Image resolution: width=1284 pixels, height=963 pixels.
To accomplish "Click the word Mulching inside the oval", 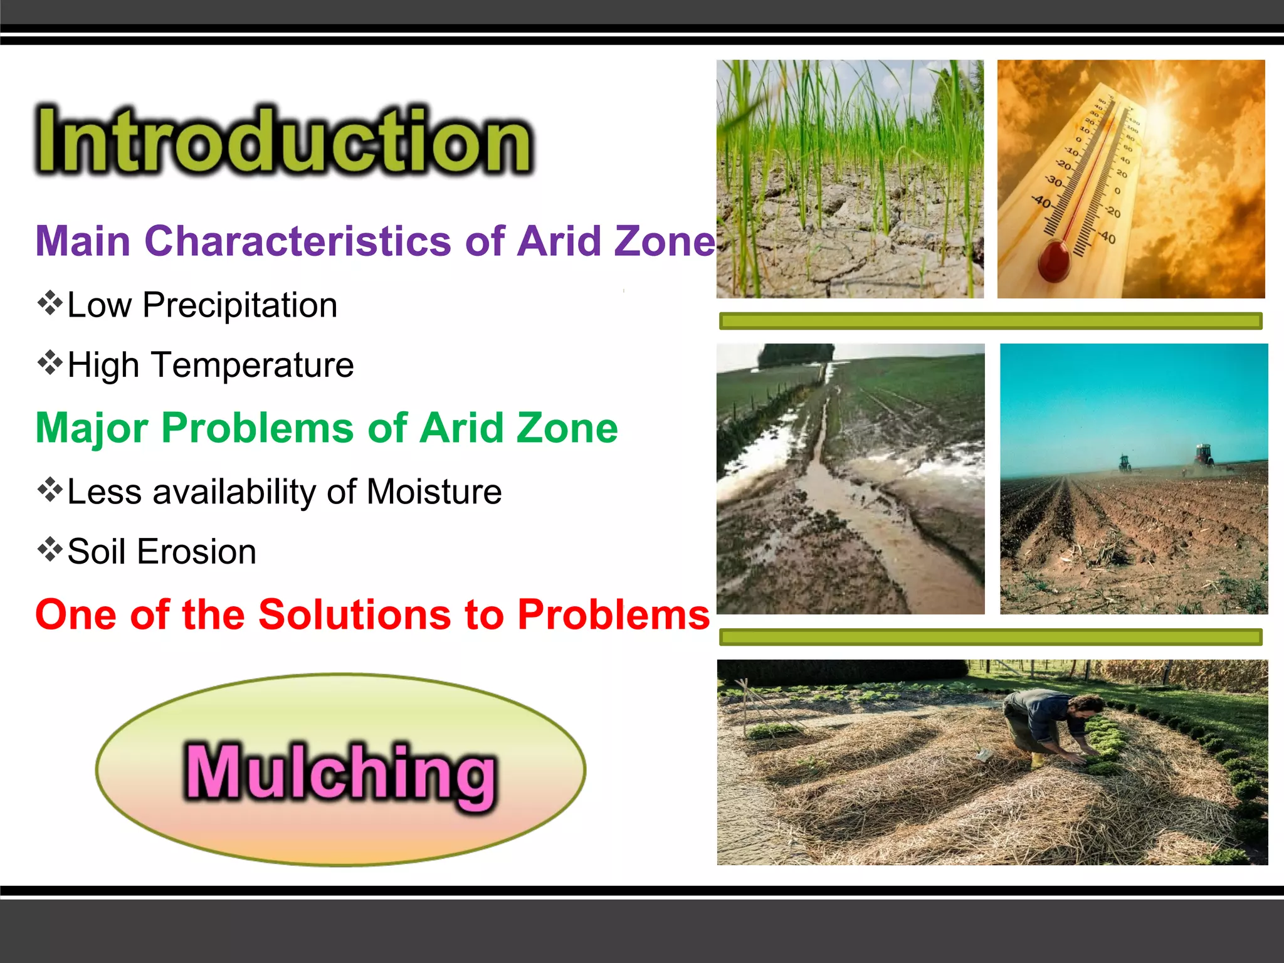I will (x=340, y=773).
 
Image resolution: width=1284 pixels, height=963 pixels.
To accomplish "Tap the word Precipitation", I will (x=239, y=305).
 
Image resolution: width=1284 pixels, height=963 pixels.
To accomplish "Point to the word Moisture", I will (x=434, y=492).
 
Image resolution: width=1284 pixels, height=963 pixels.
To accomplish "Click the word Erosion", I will (x=196, y=552).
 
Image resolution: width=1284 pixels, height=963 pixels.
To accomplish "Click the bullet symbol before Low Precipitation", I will (x=50, y=303).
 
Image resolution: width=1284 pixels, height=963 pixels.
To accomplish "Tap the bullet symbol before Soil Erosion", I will (x=50, y=550).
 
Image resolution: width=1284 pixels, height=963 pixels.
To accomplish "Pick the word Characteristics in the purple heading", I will (x=298, y=241).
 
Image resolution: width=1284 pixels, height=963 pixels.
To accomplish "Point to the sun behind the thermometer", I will (x=1157, y=103).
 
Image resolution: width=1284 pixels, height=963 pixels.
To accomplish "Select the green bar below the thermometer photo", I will (x=991, y=322).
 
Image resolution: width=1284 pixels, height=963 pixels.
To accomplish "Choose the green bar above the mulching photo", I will (x=991, y=638).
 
